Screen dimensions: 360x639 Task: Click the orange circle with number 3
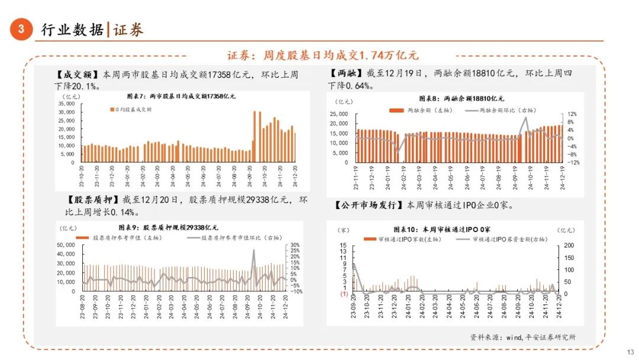coord(21,30)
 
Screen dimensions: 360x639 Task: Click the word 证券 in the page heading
coord(128,30)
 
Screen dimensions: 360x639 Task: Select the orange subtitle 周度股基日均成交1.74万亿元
coord(322,55)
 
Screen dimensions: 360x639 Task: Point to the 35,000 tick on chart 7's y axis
coord(66,104)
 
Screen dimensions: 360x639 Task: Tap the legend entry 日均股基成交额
coord(131,110)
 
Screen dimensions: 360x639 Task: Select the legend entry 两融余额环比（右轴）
coord(506,111)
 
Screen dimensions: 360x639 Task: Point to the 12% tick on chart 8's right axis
coord(573,114)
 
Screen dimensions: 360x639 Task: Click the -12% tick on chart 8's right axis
coord(573,162)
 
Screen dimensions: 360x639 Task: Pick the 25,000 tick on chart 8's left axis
coord(338,114)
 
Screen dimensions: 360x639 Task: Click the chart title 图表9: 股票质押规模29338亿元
coord(180,227)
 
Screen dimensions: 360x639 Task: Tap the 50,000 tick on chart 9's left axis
coord(66,245)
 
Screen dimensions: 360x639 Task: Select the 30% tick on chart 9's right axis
coord(295,245)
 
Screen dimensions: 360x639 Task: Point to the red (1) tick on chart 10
coord(343,294)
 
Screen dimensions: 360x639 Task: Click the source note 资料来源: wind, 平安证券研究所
coord(523,337)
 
